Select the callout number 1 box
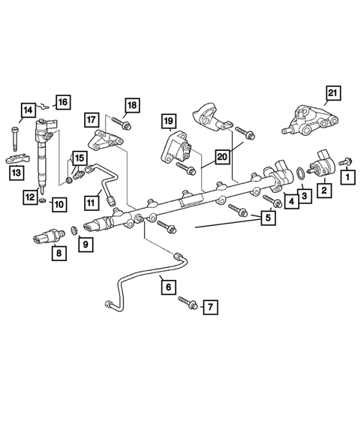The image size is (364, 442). pos(347,178)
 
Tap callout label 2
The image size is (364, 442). pos(323,191)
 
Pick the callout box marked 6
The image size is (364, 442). pos(167,286)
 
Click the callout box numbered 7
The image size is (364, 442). pos(211,307)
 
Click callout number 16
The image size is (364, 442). pos(62,101)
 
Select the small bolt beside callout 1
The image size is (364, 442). pos(345,161)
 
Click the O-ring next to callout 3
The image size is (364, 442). pos(299,174)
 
